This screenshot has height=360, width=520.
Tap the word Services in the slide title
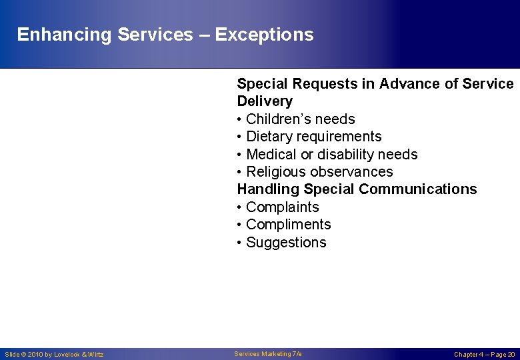(155, 35)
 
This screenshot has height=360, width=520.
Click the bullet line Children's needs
(300, 119)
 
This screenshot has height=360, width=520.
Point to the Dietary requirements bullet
(313, 137)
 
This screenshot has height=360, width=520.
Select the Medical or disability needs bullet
(331, 155)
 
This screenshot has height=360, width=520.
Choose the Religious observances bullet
(319, 172)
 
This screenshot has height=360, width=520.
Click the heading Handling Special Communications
(357, 189)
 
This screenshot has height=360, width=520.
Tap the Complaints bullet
(282, 207)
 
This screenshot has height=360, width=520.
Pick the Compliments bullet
(288, 225)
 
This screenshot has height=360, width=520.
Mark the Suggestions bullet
(286, 243)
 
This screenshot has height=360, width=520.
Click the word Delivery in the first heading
(265, 101)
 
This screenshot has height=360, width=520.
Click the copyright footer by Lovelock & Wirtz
(54, 355)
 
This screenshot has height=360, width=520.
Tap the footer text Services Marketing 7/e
(268, 354)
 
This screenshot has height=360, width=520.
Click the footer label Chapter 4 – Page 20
(484, 355)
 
